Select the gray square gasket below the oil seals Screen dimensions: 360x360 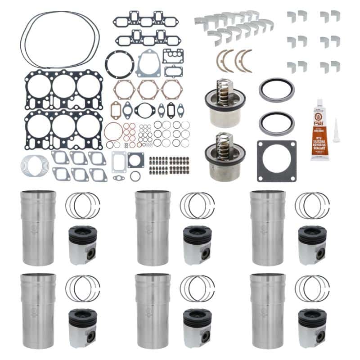tap(277, 160)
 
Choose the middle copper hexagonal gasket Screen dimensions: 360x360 tap(148, 89)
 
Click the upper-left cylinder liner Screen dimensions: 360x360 tap(38, 228)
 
